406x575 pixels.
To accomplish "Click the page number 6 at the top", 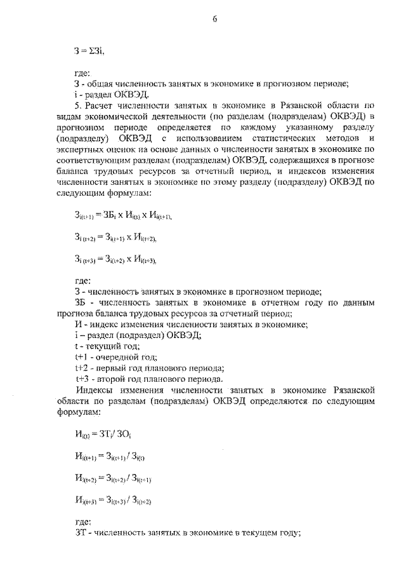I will point(215,19).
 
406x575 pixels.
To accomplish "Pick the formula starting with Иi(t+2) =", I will point(112,478).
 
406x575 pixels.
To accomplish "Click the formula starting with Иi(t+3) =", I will point(112,500).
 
